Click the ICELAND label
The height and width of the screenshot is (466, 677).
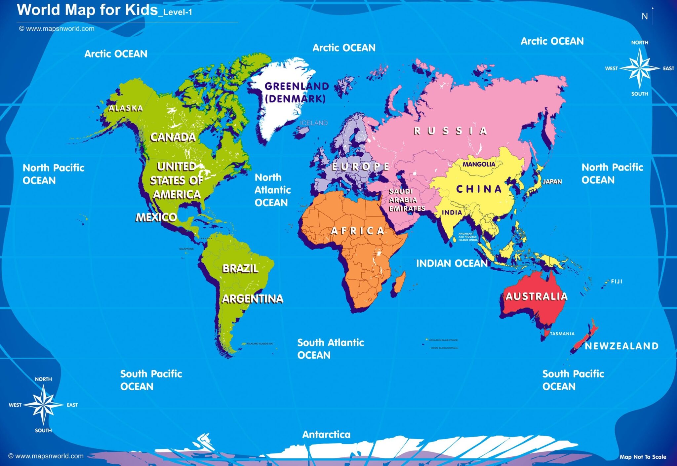pos(314,123)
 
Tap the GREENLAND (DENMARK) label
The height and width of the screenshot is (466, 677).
pos(296,93)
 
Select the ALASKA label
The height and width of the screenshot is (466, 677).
pos(126,108)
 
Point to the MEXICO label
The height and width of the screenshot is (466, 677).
pos(156,217)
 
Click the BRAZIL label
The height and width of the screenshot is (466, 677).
pos(240,268)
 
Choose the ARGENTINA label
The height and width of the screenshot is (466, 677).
pos(253,299)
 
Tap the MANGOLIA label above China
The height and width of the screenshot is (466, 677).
pos(479,164)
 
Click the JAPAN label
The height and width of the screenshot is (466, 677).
pos(552,181)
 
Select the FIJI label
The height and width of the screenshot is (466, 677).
pos(617,282)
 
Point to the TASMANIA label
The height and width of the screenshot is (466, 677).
pos(562,334)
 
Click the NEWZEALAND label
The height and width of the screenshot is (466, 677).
pos(621,346)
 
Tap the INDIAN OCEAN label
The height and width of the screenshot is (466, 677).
pos(452,263)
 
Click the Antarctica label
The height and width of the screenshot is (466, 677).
pos(326,435)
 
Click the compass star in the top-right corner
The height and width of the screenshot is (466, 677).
pos(640,68)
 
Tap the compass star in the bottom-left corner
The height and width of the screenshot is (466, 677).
pos(43,405)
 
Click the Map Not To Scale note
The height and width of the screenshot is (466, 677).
pos(643,457)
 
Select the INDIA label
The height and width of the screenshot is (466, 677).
pos(452,213)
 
